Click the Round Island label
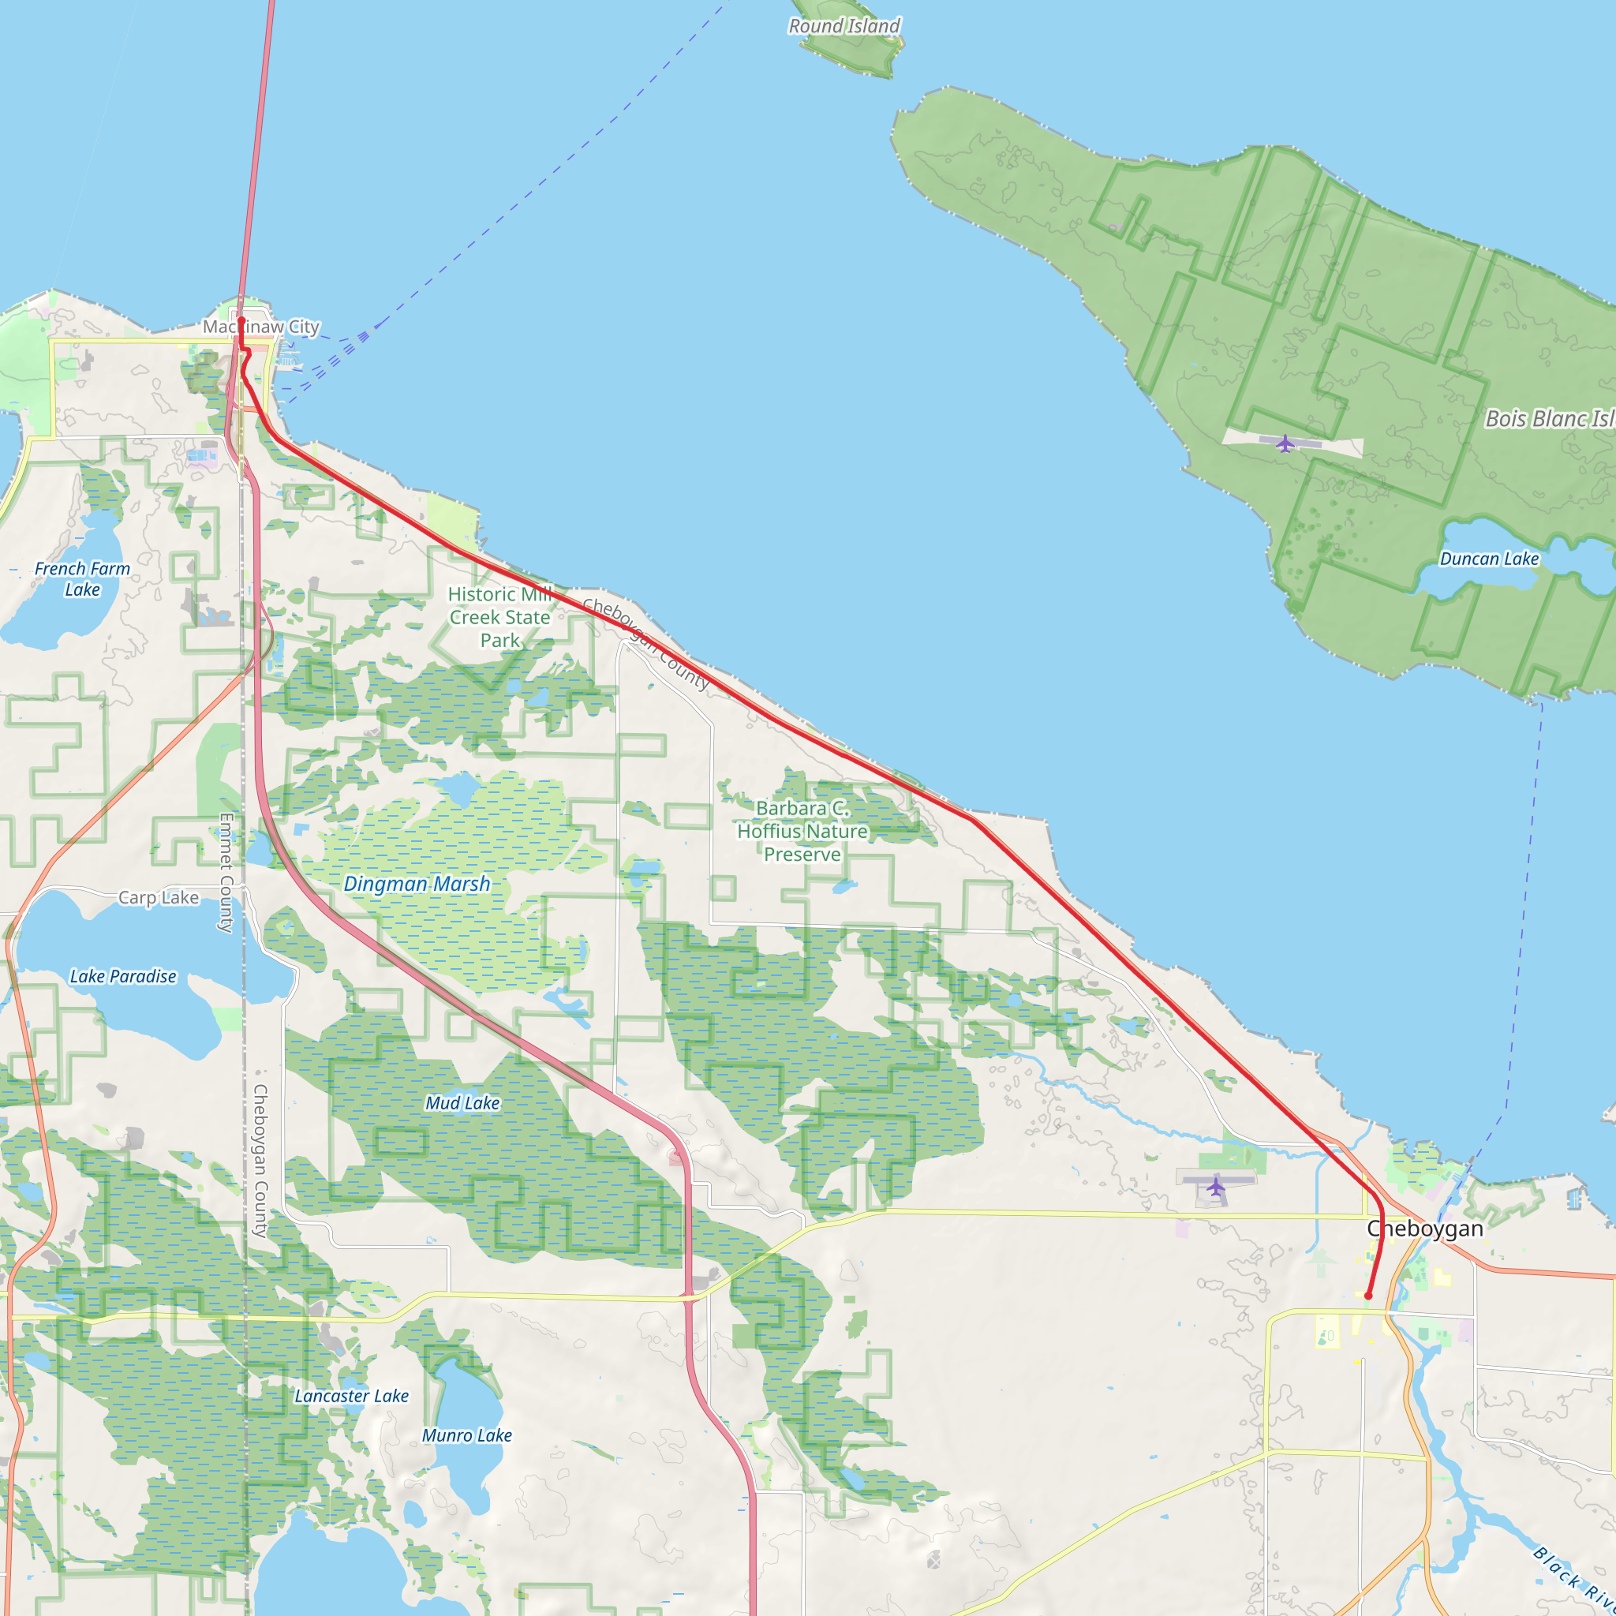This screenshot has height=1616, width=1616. click(844, 26)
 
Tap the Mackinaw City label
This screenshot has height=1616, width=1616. click(261, 327)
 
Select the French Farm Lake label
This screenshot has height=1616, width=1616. click(82, 579)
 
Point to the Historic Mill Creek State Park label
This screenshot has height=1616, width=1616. click(499, 617)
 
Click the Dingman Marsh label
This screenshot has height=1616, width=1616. click(417, 884)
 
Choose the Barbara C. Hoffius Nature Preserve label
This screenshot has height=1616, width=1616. click(802, 831)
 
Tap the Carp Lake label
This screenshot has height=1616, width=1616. click(158, 897)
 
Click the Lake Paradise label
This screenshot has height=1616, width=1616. click(123, 976)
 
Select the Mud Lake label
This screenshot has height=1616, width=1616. click(462, 1103)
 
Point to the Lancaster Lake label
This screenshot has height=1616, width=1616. click(351, 1396)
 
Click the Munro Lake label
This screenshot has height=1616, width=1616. click(467, 1435)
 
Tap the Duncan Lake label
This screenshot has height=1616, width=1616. click(1489, 559)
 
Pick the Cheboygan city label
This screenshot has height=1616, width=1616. click(1425, 1229)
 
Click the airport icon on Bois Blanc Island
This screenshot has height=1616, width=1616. click(1285, 443)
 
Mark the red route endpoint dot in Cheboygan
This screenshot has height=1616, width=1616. click(1368, 1296)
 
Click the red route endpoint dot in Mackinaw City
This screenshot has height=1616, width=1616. click(241, 320)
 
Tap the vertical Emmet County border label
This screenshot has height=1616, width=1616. click(226, 873)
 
